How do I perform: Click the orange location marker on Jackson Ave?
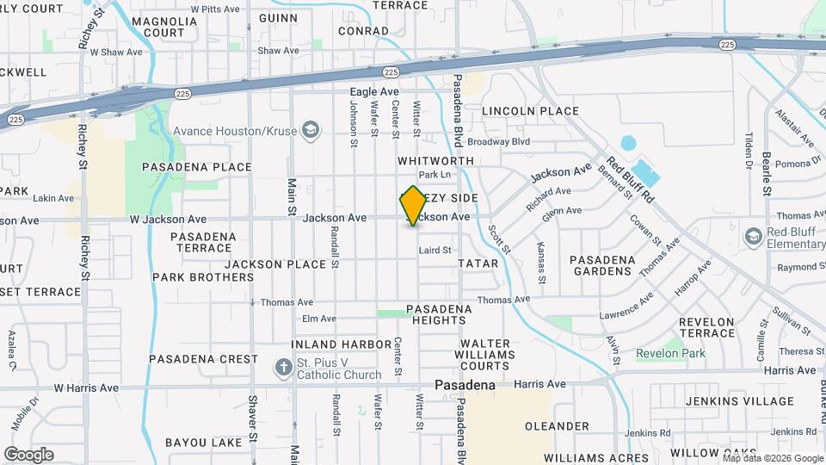coord(413,206)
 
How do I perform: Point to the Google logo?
coord(28,454)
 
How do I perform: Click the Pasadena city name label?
coord(465,385)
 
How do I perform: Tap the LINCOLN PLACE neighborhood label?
coord(530,111)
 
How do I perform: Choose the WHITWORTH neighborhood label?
coord(435,161)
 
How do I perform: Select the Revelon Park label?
coord(670,353)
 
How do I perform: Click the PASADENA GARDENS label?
coord(602,265)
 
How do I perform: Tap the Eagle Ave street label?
coord(374,91)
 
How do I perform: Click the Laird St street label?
coord(435,251)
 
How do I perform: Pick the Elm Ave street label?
coord(318,319)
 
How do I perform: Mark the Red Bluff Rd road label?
coord(630,179)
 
